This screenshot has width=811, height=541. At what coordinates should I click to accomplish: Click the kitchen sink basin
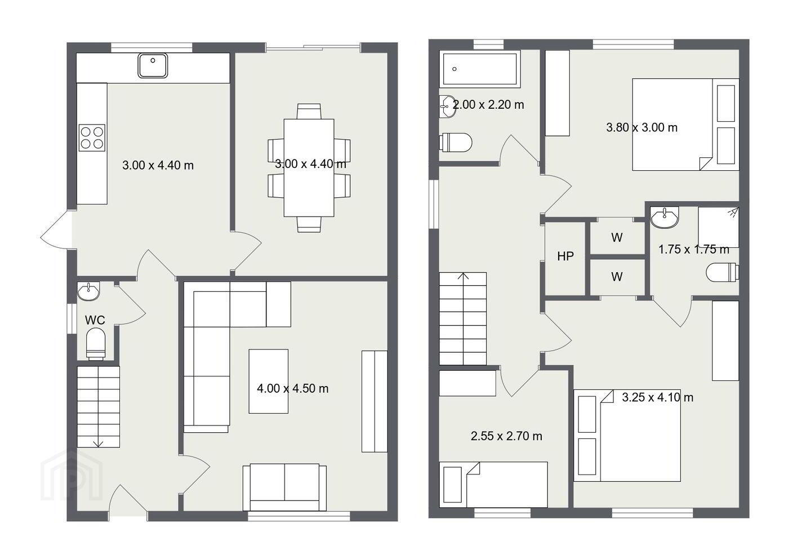click(x=153, y=65)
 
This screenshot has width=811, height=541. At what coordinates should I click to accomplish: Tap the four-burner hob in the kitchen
click(x=92, y=138)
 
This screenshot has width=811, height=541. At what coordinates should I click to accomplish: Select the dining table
click(x=309, y=168)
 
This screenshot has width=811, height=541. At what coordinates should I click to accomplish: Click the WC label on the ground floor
click(x=95, y=320)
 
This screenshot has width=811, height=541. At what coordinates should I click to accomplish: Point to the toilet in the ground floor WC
click(x=96, y=344)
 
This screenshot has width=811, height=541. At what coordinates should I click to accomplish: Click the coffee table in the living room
click(x=269, y=381)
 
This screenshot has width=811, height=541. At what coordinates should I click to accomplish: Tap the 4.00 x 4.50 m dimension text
click(x=292, y=388)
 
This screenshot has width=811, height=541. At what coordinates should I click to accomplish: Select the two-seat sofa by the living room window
click(x=284, y=487)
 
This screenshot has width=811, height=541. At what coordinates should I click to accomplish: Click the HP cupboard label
click(x=565, y=256)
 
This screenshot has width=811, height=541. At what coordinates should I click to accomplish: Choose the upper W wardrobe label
click(x=617, y=238)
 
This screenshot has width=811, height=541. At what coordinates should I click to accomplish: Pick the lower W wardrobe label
click(x=617, y=277)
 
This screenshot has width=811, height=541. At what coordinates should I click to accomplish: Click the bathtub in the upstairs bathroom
click(x=480, y=69)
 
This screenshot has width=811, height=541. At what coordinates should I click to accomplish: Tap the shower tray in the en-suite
click(x=718, y=227)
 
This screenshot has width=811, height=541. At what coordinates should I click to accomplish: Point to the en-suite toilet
click(x=722, y=272)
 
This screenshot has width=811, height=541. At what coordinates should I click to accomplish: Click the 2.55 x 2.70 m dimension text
click(x=506, y=436)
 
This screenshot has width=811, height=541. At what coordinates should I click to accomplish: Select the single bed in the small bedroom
click(x=493, y=485)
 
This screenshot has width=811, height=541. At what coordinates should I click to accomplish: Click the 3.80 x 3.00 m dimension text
click(x=641, y=127)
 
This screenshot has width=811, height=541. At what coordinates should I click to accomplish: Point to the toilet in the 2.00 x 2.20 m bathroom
click(x=456, y=143)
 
